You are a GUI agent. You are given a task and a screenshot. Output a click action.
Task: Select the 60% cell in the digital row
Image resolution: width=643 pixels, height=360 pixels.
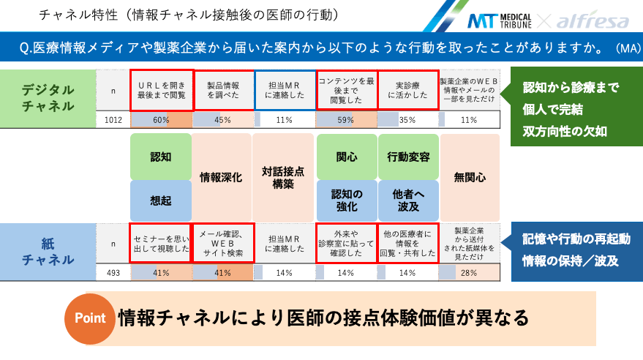pyautogui.click(x=161, y=120)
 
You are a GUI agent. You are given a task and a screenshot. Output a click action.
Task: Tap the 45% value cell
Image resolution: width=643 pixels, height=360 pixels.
pyautogui.click(x=223, y=120)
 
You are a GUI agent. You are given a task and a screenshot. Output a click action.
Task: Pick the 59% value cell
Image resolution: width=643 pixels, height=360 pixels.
pyautogui.click(x=346, y=120)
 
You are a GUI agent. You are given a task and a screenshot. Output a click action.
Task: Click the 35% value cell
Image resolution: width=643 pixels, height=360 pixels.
pyautogui.click(x=407, y=120)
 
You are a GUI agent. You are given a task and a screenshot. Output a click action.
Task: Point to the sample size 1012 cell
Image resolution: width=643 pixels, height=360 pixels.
pyautogui.click(x=113, y=120)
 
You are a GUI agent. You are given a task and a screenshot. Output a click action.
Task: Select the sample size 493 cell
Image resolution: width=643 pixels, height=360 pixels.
pyautogui.click(x=113, y=273)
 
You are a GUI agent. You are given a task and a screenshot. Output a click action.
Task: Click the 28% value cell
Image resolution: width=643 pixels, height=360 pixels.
pyautogui.click(x=469, y=273)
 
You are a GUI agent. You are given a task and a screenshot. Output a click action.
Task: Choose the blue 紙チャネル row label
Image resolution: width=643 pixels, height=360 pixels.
pyautogui.click(x=48, y=251)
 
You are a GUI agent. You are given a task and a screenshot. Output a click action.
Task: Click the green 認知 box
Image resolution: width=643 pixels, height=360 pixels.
pyautogui.click(x=160, y=157)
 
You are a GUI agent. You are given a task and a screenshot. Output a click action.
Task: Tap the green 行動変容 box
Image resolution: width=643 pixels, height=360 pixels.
pyautogui.click(x=407, y=157)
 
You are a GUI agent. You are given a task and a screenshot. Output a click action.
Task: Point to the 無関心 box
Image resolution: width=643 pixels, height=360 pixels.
pyautogui.click(x=469, y=177)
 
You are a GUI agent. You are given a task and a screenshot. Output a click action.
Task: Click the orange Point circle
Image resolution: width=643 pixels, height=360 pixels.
pyautogui.click(x=89, y=318)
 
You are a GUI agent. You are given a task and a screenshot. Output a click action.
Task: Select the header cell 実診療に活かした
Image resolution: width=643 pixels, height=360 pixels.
pyautogui.click(x=407, y=89)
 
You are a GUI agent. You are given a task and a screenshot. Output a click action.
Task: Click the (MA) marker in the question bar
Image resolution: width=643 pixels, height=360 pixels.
pyautogui.click(x=627, y=48)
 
